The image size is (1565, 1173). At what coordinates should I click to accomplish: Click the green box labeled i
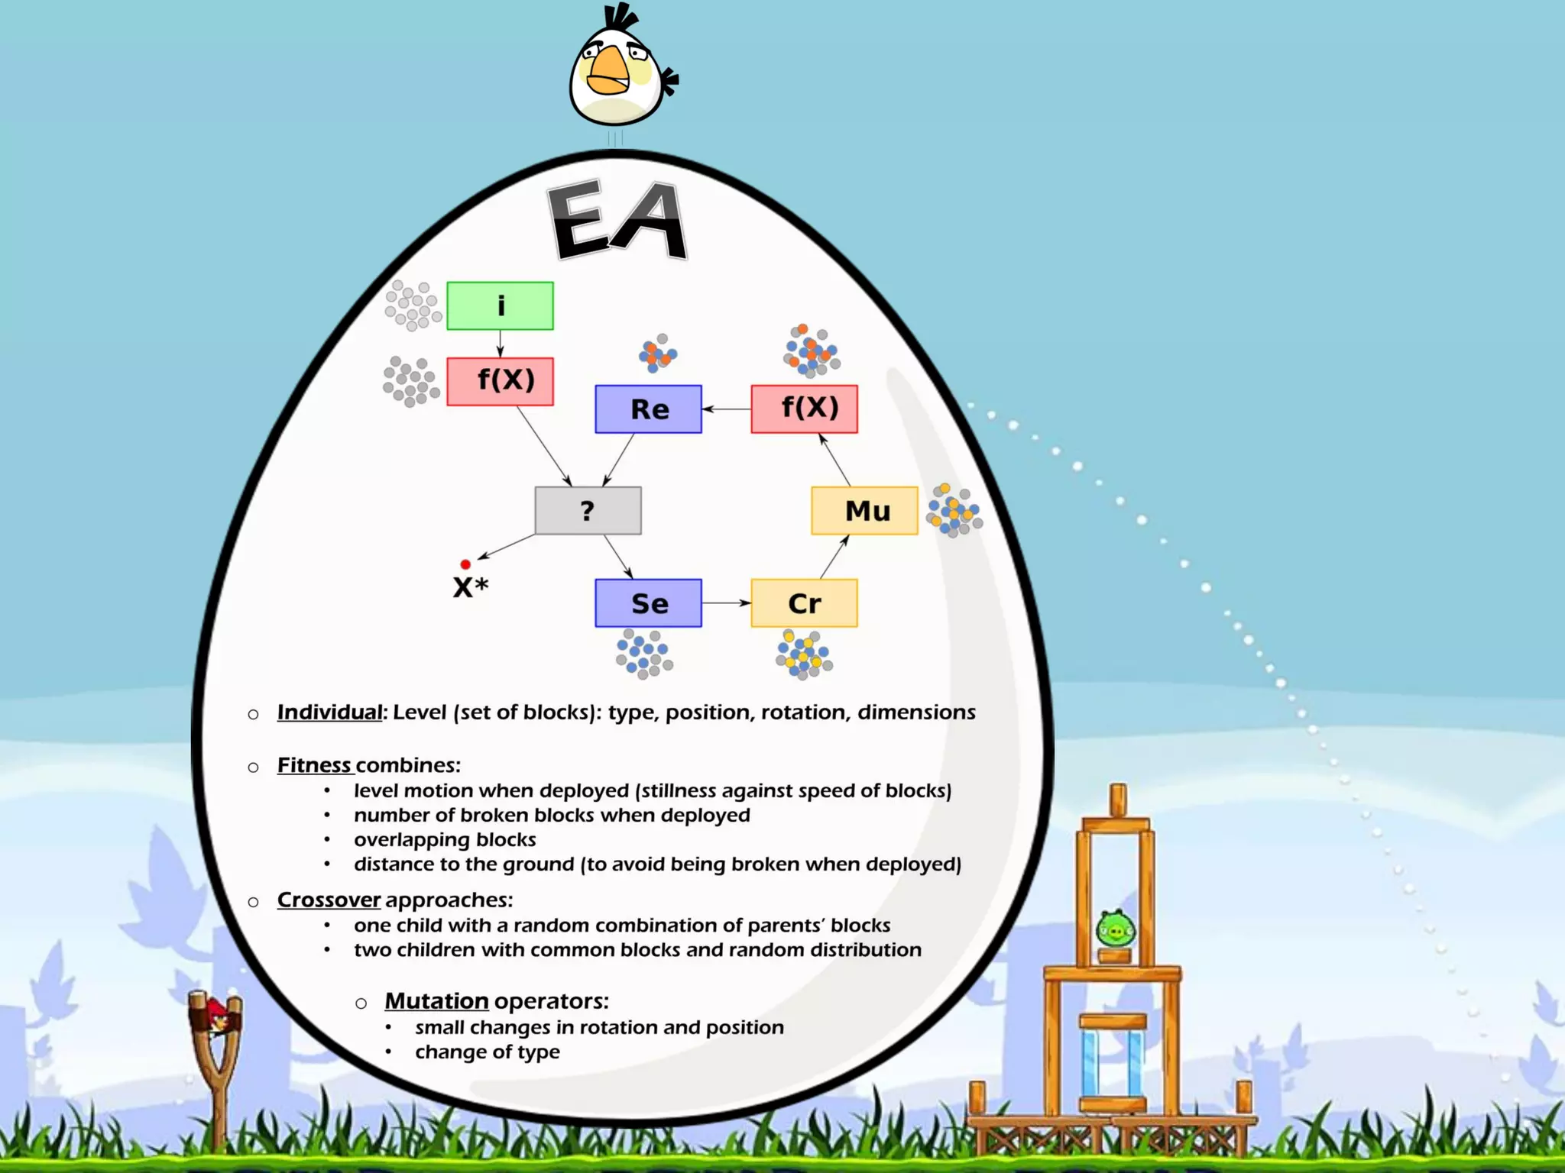(x=500, y=305)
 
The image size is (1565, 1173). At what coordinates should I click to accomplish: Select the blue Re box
(x=648, y=409)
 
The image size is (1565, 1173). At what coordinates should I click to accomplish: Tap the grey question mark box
(x=588, y=510)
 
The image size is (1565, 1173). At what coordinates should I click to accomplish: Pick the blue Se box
(x=648, y=603)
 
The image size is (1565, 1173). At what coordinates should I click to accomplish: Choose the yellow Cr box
(x=804, y=603)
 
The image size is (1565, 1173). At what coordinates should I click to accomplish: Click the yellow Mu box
(x=864, y=510)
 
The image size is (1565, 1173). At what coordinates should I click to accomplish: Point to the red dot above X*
(x=465, y=564)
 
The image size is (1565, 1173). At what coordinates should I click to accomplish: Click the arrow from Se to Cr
(x=726, y=603)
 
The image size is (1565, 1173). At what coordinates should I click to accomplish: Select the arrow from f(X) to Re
(x=726, y=409)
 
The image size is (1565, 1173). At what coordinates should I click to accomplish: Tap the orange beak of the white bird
(x=608, y=73)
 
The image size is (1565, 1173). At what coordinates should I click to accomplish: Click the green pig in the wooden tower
(x=1116, y=929)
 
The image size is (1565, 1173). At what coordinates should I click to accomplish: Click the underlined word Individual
(x=329, y=713)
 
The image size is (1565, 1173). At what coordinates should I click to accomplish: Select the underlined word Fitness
(x=314, y=765)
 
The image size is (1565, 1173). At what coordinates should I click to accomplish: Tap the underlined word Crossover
(x=329, y=900)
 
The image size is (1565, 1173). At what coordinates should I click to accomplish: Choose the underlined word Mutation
(x=436, y=1001)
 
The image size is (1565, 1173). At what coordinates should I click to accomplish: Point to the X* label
(x=470, y=587)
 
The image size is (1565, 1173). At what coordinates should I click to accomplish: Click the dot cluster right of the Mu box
(x=954, y=510)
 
